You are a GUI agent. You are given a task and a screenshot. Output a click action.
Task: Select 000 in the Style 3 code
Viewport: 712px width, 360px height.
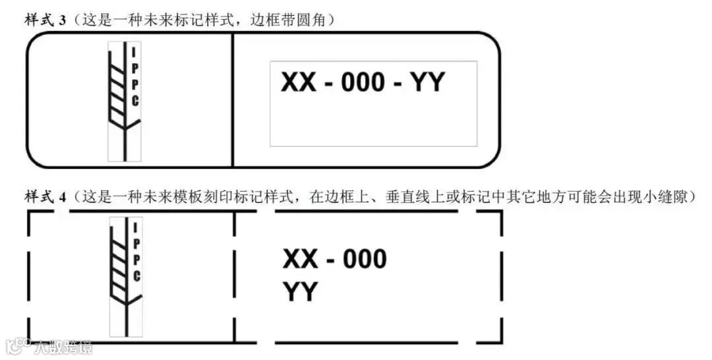coord(363,83)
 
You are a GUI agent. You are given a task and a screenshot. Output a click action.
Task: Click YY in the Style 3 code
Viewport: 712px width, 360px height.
coord(428,83)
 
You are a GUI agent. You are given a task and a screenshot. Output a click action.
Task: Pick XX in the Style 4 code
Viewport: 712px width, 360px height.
coord(300,259)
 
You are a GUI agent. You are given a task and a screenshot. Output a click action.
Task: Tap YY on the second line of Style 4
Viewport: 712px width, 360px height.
coord(300,292)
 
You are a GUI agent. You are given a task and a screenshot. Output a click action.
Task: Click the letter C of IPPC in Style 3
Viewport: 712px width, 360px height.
coord(135,100)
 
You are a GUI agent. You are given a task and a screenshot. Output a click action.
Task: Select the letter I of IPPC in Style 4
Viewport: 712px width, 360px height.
coord(136,227)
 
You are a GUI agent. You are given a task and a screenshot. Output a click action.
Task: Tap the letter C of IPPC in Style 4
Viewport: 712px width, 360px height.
coord(136,276)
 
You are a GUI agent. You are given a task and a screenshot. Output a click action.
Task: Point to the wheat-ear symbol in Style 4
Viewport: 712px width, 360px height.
coord(121,277)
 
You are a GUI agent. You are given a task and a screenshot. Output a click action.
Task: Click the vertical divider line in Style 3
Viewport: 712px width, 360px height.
coord(233,99)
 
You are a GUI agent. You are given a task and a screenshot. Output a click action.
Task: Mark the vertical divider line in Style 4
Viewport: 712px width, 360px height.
coord(235,277)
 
